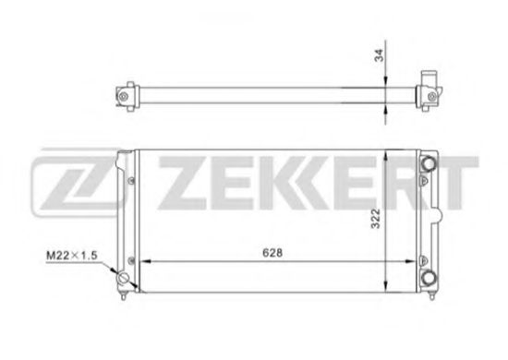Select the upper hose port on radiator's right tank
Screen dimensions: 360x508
point(428,164)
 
